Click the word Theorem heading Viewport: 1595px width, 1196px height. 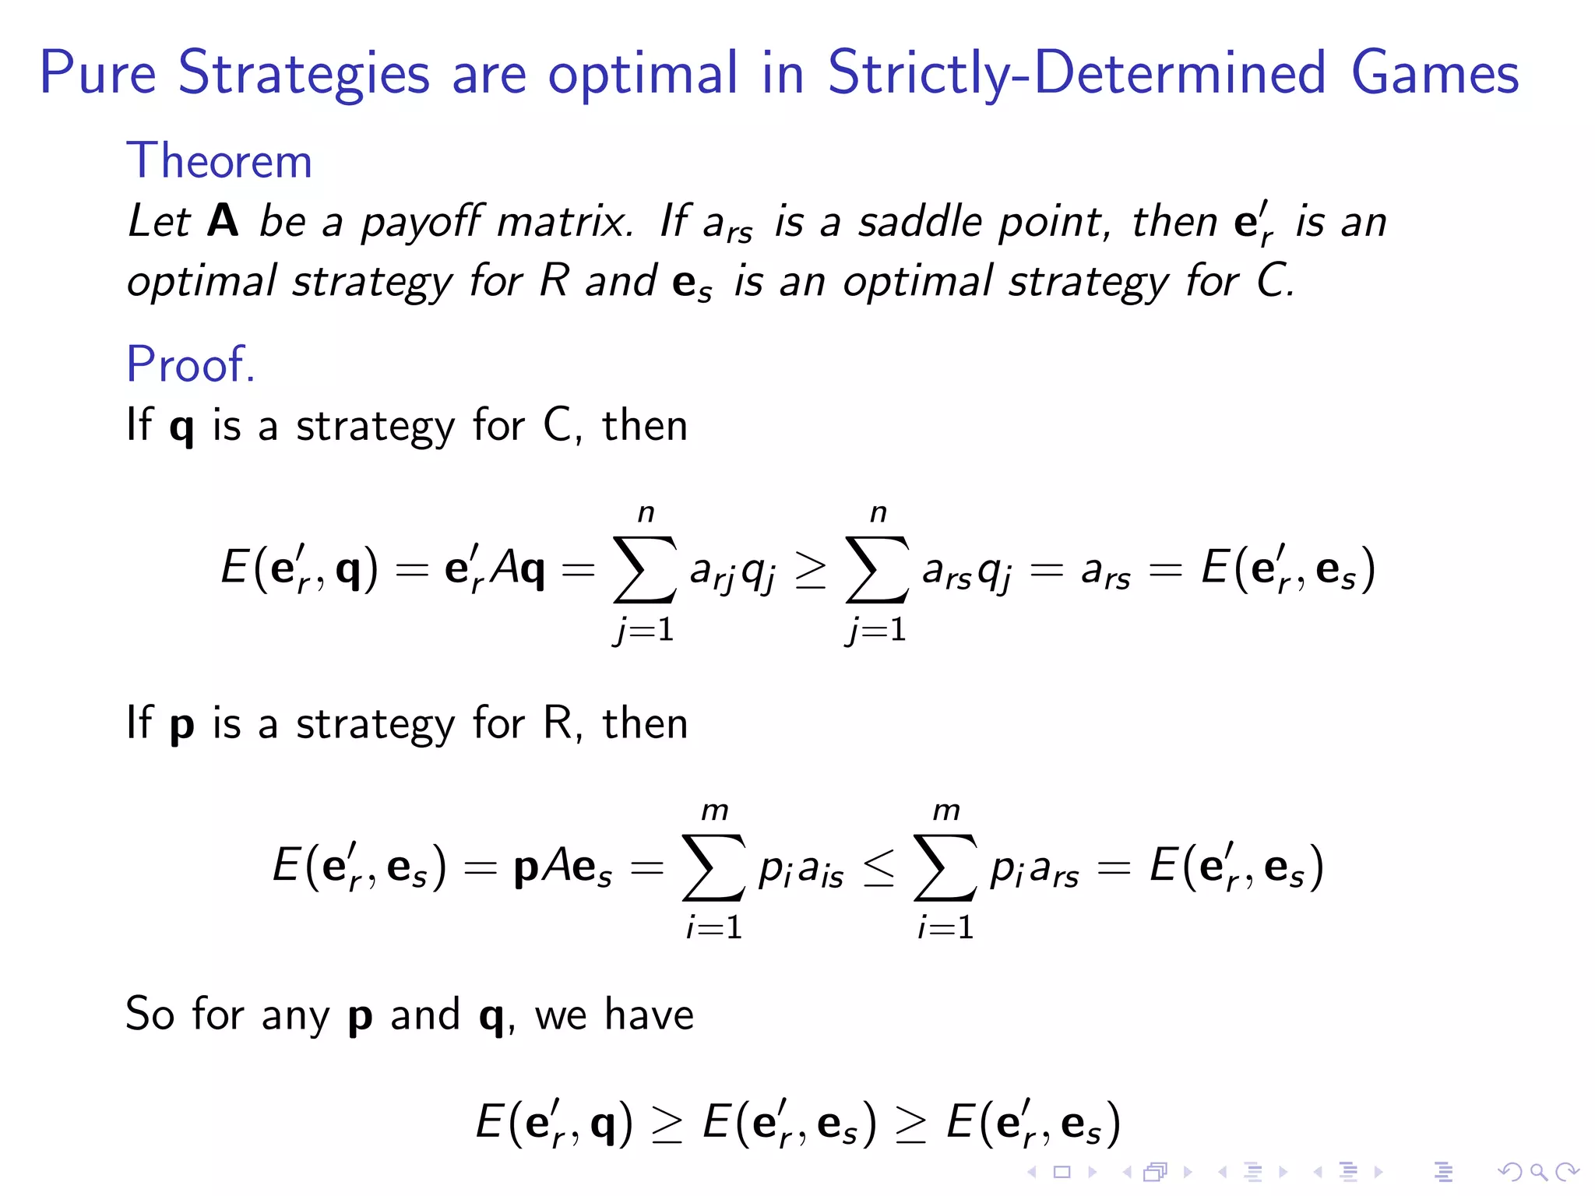pos(219,161)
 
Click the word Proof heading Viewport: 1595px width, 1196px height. pos(190,364)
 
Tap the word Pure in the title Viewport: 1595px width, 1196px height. pos(98,73)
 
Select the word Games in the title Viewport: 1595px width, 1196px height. pos(1435,73)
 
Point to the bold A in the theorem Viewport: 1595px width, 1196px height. pos(223,221)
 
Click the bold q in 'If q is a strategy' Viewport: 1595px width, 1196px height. pos(181,427)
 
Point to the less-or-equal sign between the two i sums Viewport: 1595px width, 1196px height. pos(879,867)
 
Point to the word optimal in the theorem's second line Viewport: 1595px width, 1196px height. pos(202,282)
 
